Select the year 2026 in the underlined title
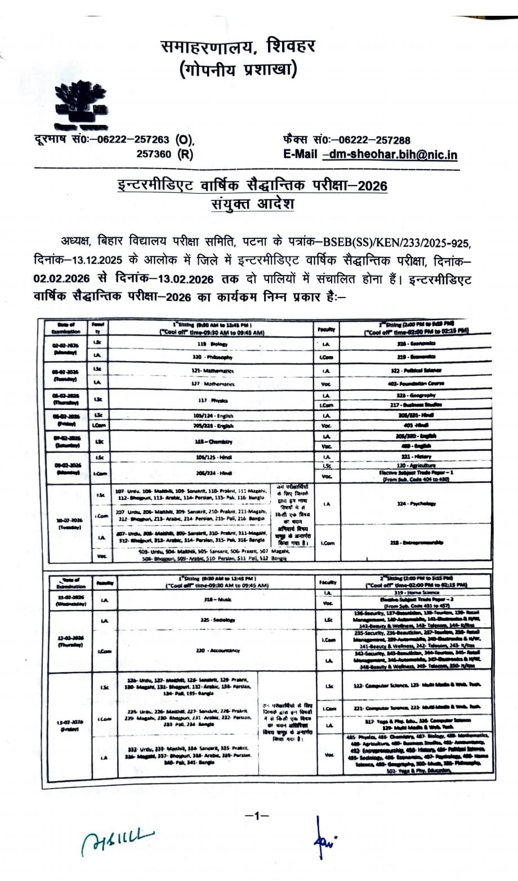(x=369, y=185)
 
